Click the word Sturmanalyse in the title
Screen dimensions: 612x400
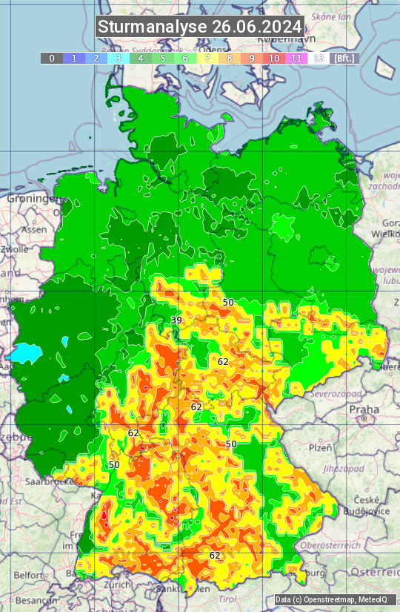coord(153,27)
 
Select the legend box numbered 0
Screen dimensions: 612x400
coord(51,58)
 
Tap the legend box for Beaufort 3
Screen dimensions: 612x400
coord(119,58)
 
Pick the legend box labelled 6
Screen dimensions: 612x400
coord(185,58)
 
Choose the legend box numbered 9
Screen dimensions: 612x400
coord(252,58)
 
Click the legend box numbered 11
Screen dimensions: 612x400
coord(296,58)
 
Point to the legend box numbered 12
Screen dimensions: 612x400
coord(319,58)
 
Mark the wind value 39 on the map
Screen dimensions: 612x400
coord(176,320)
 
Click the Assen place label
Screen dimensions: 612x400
coord(33,230)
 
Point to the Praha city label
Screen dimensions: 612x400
coord(364,409)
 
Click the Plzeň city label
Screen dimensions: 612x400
coord(320,448)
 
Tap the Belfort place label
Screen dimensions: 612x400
coord(28,575)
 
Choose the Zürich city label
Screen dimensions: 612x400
coord(118,585)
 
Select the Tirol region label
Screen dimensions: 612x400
coord(227,598)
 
